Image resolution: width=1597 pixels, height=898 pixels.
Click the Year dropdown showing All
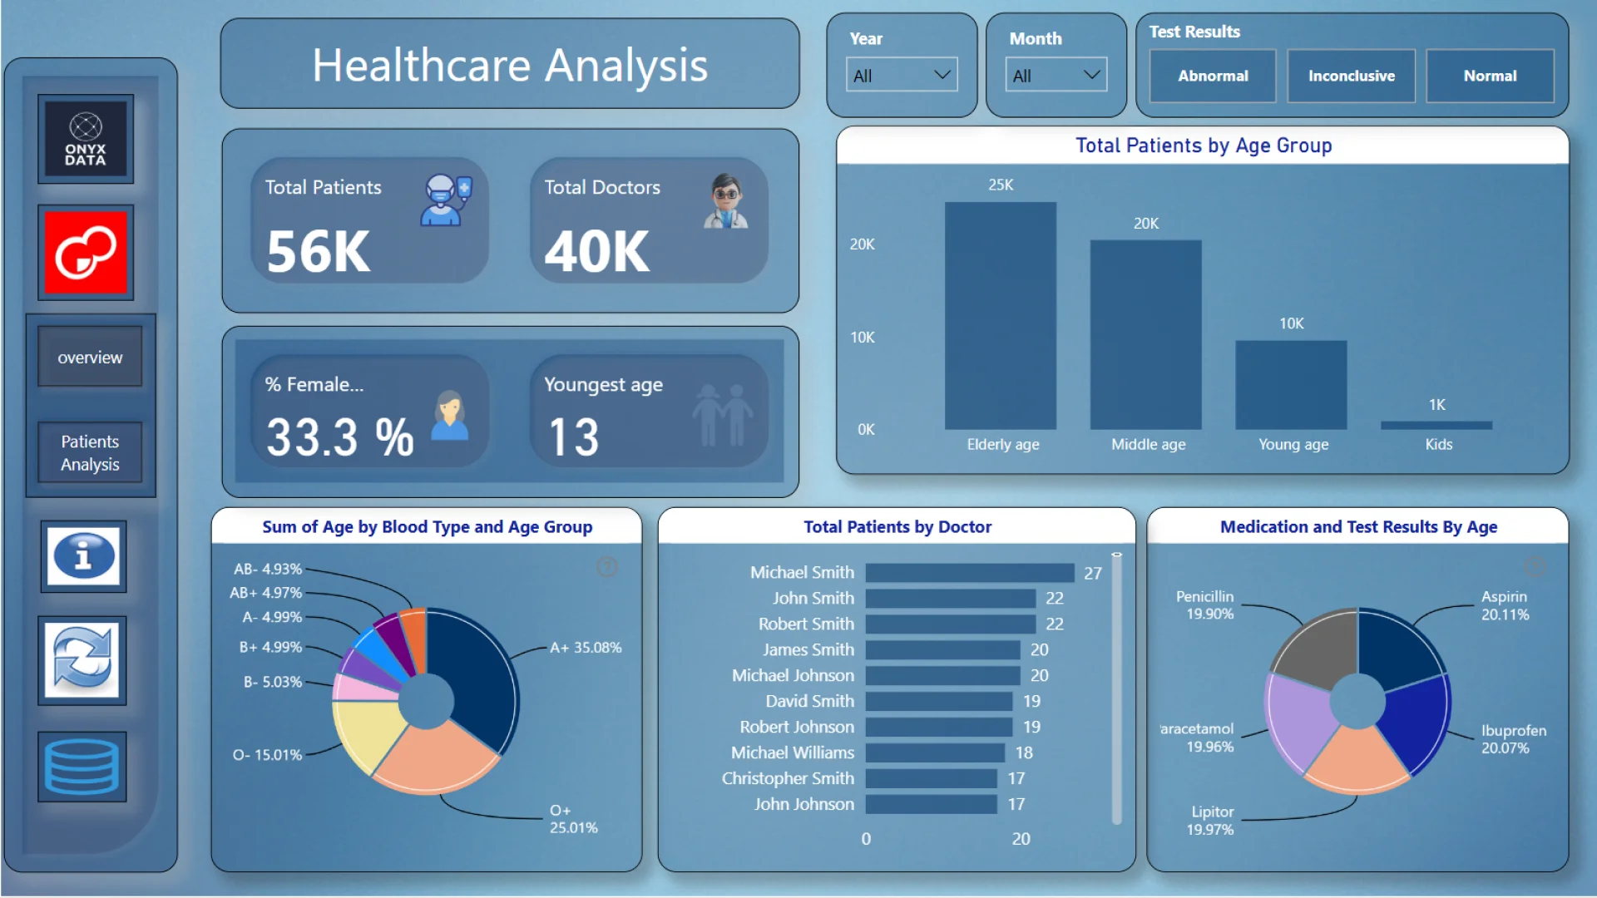[902, 75]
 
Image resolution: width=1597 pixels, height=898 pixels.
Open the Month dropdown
[1056, 75]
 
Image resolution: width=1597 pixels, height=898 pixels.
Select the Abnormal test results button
[1213, 76]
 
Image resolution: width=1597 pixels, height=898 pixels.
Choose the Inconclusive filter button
[1351, 76]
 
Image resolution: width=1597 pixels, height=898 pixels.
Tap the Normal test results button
[1490, 76]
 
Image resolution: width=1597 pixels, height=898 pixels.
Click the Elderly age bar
[1001, 316]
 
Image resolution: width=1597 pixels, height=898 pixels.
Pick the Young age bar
[1291, 384]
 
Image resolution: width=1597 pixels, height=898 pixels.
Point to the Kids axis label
[1438, 444]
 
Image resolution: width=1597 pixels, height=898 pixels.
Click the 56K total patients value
[319, 251]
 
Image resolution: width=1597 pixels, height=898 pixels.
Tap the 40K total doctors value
[597, 251]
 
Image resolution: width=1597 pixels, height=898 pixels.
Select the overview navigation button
[90, 358]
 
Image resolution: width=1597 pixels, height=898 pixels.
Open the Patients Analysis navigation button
[90, 453]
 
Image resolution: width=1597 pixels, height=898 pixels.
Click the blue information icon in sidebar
[83, 556]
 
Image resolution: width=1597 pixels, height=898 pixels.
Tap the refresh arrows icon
[82, 661]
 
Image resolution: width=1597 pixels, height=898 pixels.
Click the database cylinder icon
[82, 767]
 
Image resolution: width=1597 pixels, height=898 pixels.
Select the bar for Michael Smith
[970, 573]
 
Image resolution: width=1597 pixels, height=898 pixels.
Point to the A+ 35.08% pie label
[586, 648]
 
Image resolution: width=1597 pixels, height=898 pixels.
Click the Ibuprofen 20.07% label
[1513, 739]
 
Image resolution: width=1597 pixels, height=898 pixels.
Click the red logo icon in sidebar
[86, 252]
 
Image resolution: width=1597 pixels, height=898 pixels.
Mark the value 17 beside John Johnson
[1016, 804]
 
